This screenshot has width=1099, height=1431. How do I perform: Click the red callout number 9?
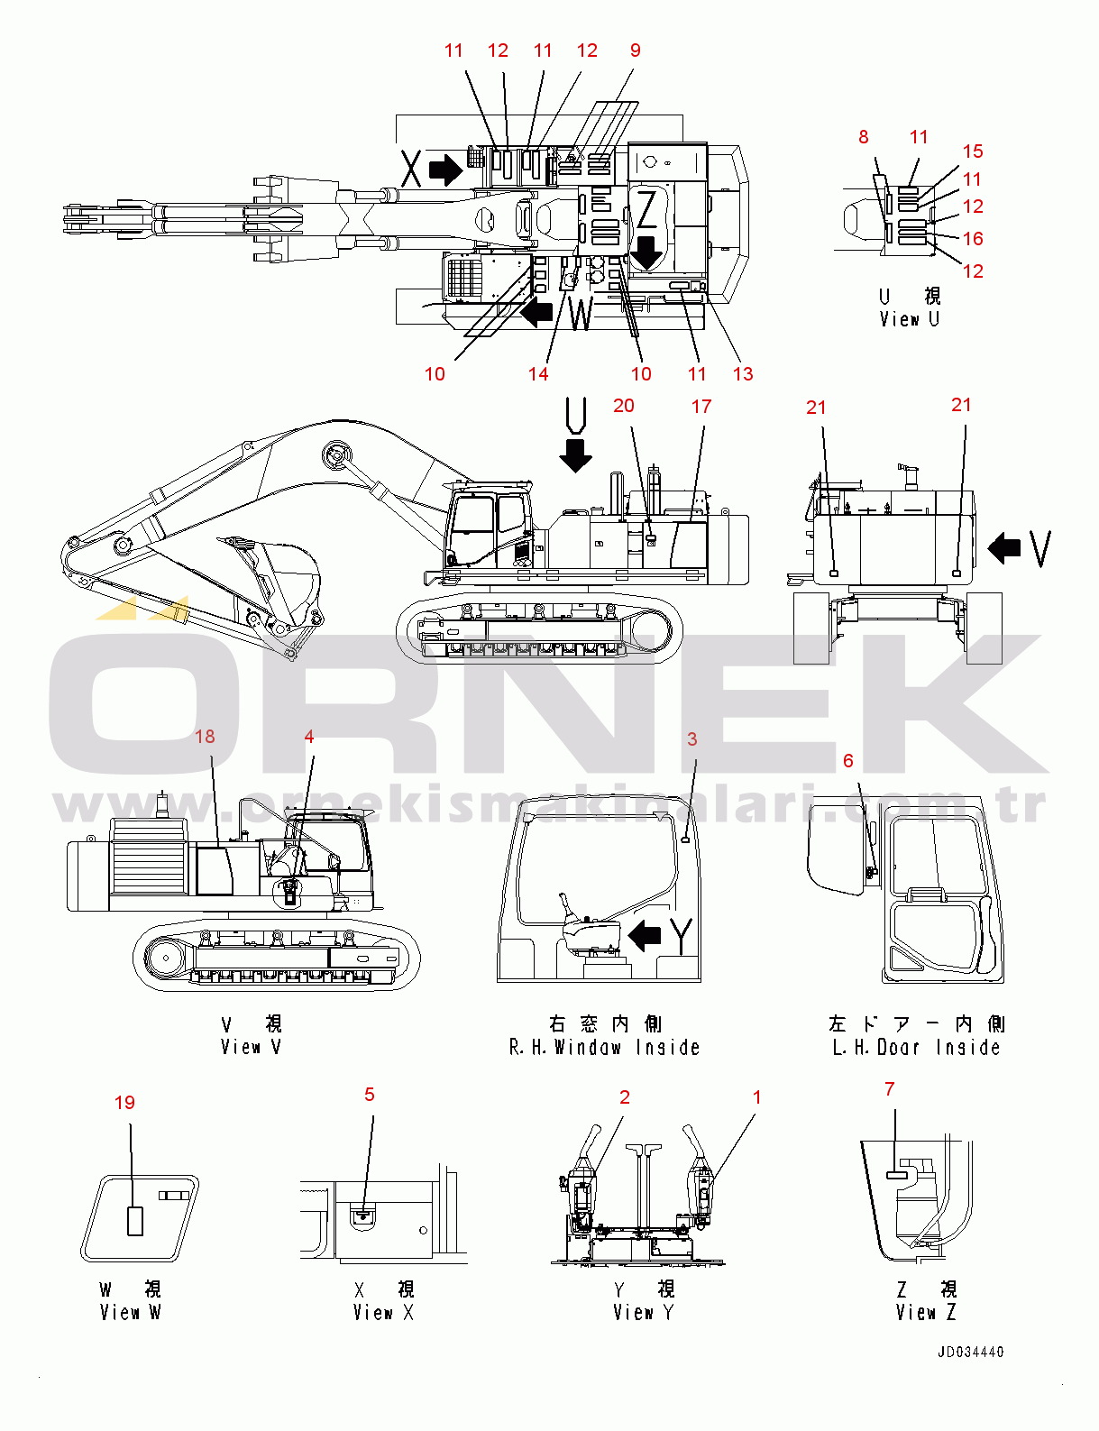point(635,50)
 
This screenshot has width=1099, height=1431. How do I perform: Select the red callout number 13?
point(743,374)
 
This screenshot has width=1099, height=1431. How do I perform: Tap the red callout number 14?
point(538,374)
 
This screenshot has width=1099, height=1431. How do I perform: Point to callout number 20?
point(624,406)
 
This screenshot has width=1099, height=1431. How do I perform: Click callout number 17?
point(701,407)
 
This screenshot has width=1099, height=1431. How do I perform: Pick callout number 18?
point(205,737)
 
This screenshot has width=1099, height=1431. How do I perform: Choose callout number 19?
point(124,1103)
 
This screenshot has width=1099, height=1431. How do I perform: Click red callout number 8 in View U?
point(864,137)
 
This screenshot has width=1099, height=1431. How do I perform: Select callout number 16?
point(973,238)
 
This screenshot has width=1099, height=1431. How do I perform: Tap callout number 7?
point(889,1089)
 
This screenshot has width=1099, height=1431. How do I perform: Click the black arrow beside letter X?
point(445,170)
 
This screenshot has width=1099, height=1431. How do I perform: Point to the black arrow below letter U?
point(575,455)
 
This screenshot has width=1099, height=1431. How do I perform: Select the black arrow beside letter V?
point(1004,548)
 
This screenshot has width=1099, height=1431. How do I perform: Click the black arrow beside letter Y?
point(645,934)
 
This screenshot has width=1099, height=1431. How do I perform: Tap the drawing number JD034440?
point(971,1352)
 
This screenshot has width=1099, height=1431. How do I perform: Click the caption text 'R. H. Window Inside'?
point(604,1048)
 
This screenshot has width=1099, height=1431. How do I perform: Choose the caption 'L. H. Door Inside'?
point(916,1048)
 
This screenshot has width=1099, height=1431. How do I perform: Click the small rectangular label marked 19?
point(135,1221)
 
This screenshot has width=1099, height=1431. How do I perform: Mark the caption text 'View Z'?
point(926,1313)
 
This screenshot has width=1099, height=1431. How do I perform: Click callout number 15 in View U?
point(973,151)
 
